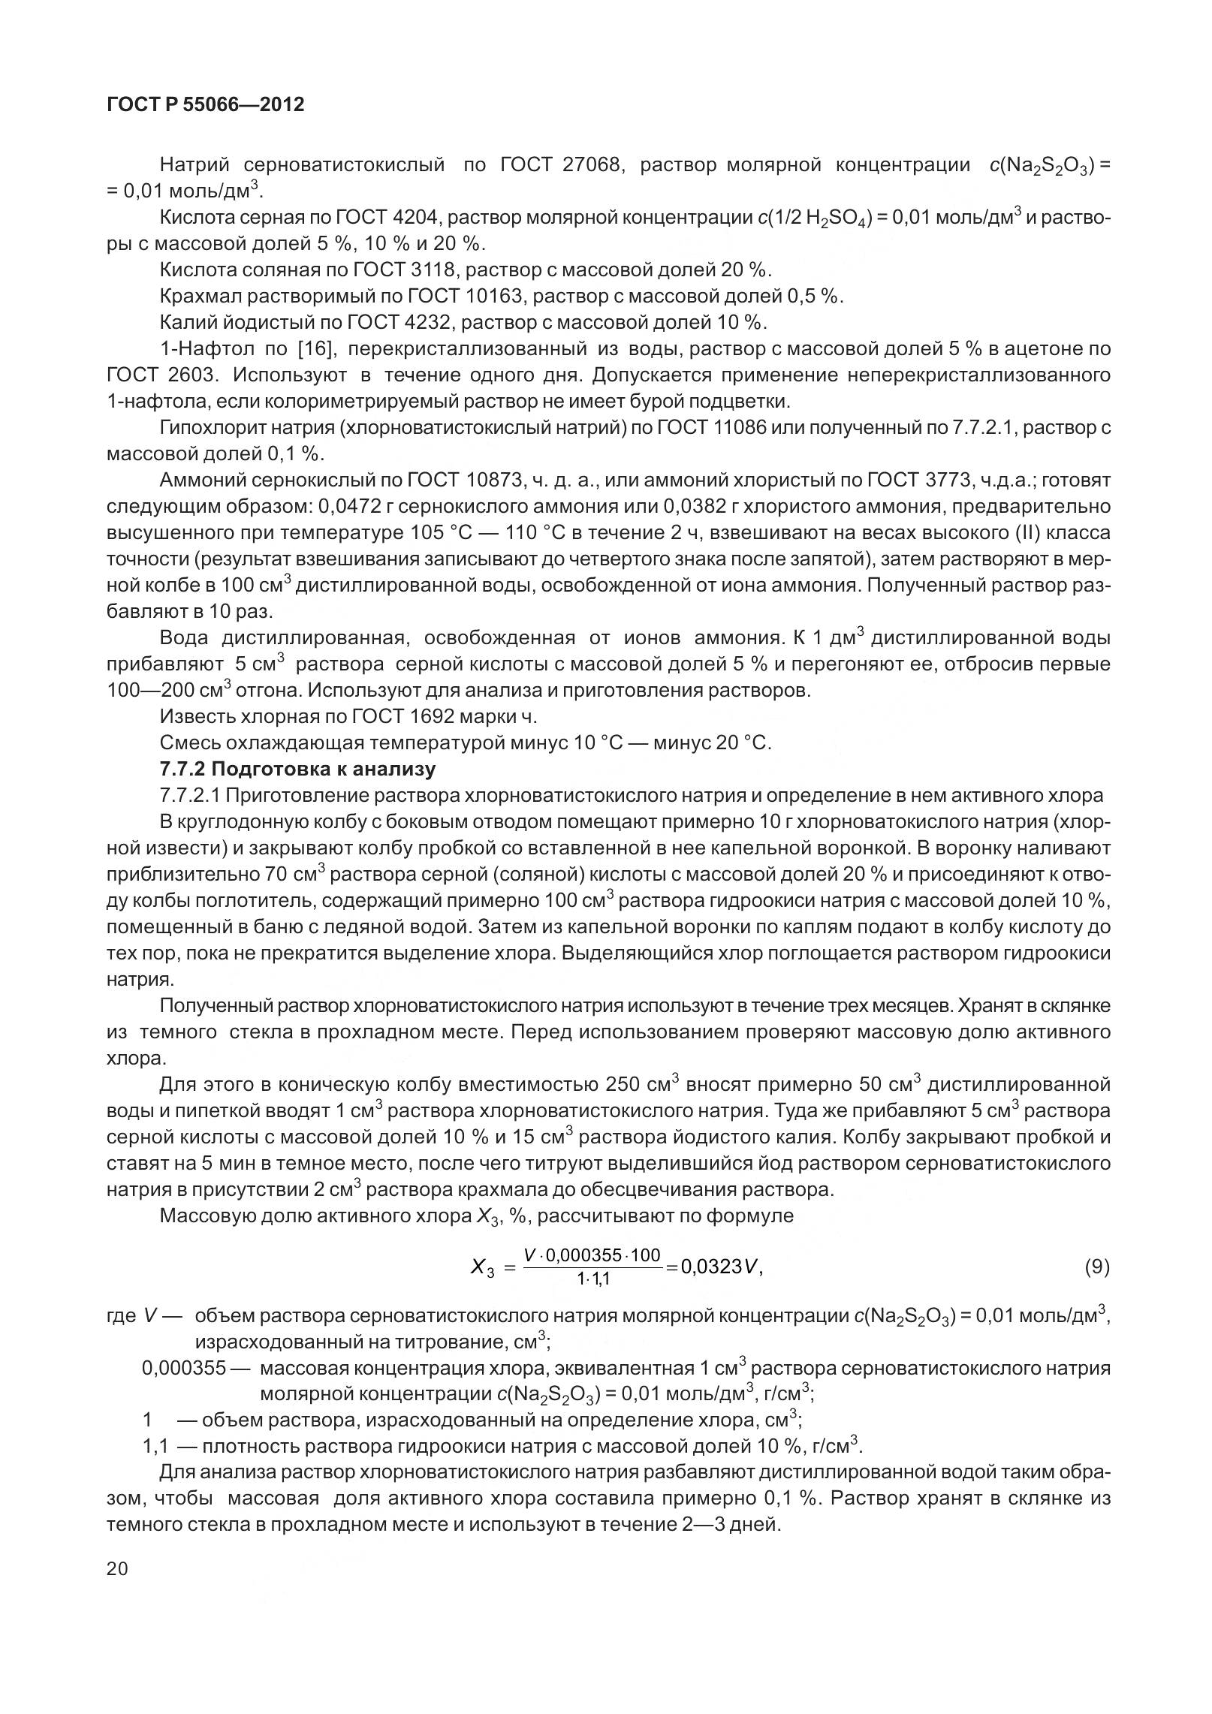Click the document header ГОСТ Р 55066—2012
point(206,105)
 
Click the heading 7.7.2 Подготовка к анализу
point(297,769)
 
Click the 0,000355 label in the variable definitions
point(184,1368)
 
